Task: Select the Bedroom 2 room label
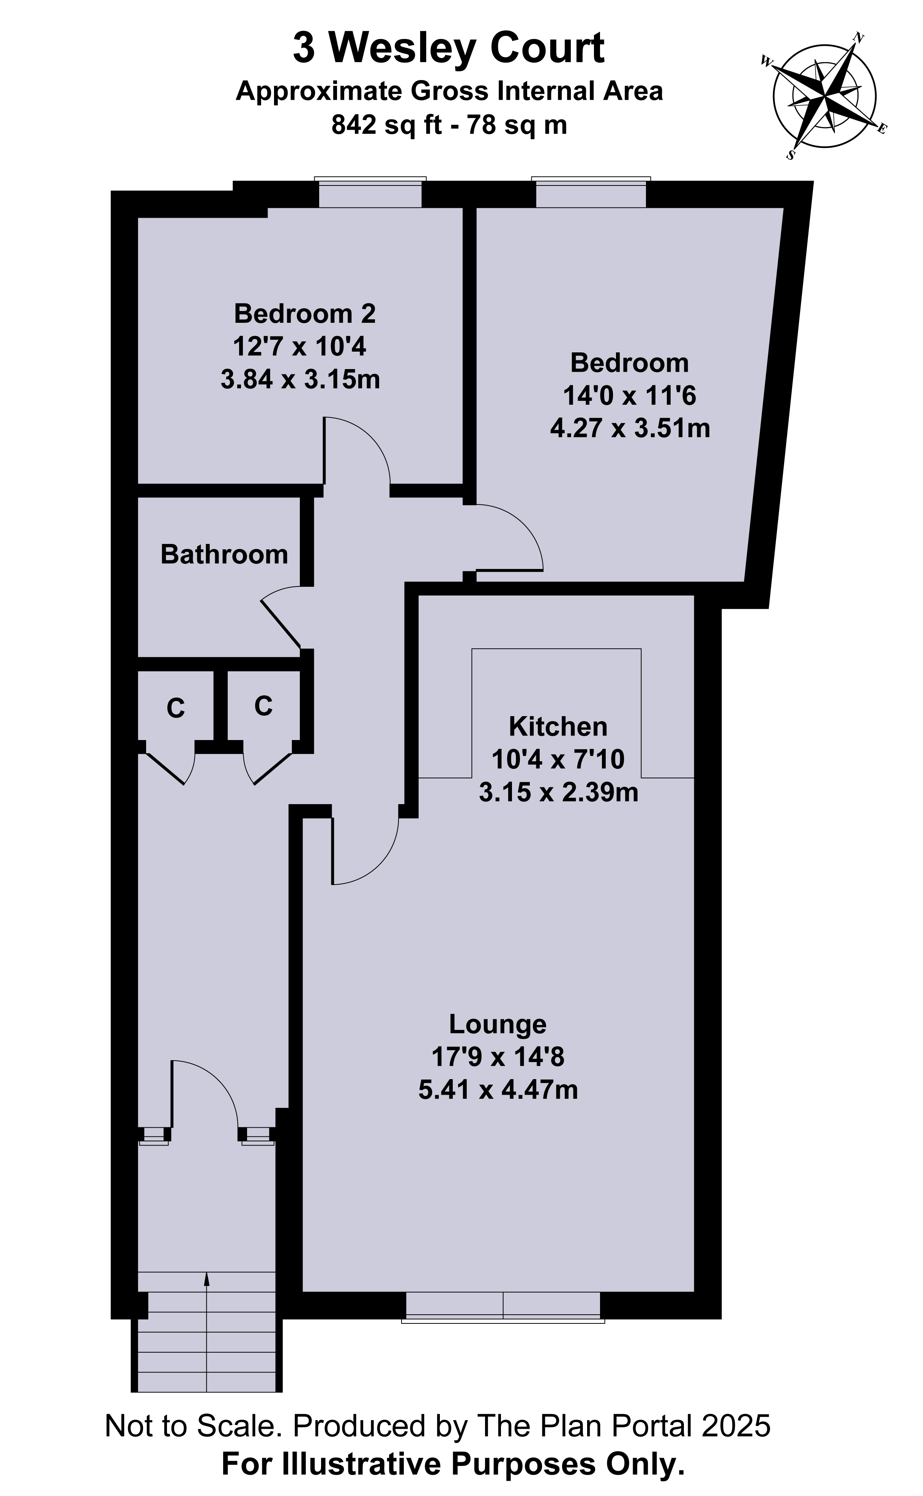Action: tap(305, 314)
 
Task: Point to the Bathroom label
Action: tap(224, 555)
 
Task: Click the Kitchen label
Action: tap(558, 727)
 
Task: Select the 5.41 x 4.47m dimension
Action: tap(498, 1090)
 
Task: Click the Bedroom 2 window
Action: tap(370, 193)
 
